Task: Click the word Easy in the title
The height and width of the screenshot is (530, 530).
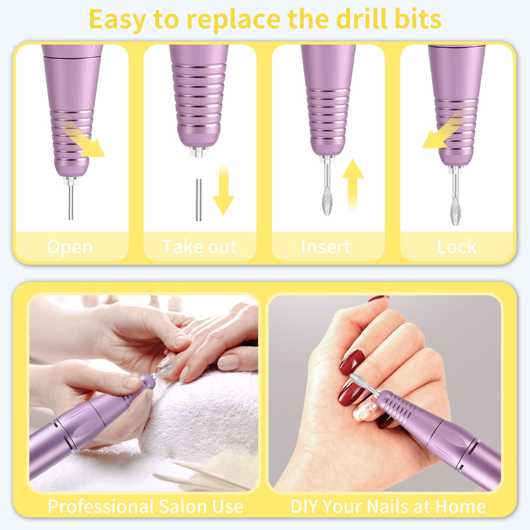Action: [x=117, y=20]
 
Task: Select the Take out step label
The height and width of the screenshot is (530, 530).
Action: [x=199, y=247]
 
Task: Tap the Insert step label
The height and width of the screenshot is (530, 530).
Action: [x=326, y=247]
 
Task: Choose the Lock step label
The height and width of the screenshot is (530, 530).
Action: [x=456, y=247]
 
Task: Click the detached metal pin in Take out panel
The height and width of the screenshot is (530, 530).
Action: [x=198, y=200]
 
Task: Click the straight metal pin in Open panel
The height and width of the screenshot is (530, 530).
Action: [x=71, y=202]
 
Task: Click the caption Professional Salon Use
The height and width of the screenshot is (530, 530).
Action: [x=145, y=506]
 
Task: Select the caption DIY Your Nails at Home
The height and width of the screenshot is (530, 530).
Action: [x=388, y=506]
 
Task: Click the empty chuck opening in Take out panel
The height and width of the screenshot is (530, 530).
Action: [x=199, y=152]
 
